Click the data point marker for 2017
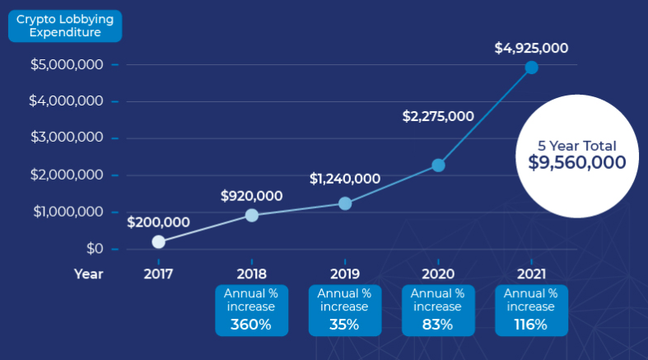pyautogui.click(x=159, y=241)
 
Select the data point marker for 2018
pyautogui.click(x=252, y=215)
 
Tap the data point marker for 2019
pyautogui.click(x=345, y=203)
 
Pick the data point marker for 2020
pyautogui.click(x=438, y=166)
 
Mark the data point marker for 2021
pyautogui.click(x=531, y=68)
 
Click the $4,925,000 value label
pyautogui.click(x=531, y=48)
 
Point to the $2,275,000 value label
pyautogui.click(x=438, y=116)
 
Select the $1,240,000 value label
pyautogui.click(x=345, y=178)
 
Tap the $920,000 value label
pyautogui.click(x=252, y=196)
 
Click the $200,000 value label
pyautogui.click(x=159, y=222)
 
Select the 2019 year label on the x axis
pyautogui.click(x=345, y=274)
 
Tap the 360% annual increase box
pyautogui.click(x=252, y=310)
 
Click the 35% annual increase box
pyautogui.click(x=345, y=310)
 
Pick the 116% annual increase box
pyautogui.click(x=531, y=310)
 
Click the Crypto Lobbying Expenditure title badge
pyautogui.click(x=65, y=26)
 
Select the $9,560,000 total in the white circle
pyautogui.click(x=577, y=162)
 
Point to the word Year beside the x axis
pyautogui.click(x=88, y=274)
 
